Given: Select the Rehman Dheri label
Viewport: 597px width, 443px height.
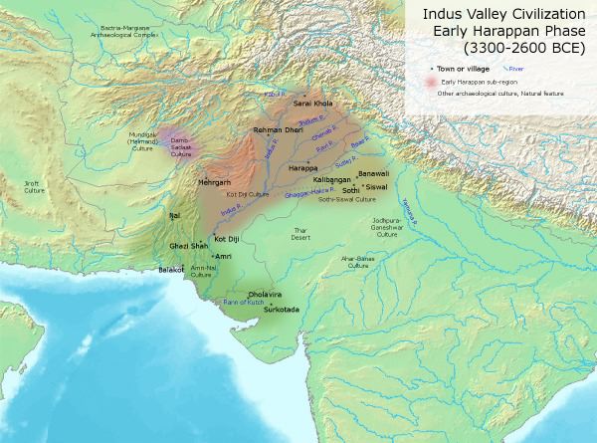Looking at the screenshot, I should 276,131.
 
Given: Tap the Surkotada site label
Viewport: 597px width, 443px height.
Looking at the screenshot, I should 280,311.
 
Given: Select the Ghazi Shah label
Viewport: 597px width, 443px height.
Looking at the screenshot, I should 187,244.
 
